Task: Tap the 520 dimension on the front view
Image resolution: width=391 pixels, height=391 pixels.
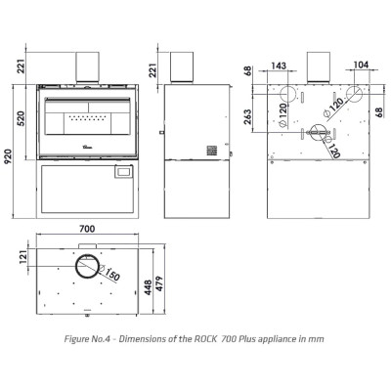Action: click(x=21, y=118)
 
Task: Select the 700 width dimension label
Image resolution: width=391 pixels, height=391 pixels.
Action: click(x=87, y=229)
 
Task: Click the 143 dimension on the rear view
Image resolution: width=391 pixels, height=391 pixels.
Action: click(x=279, y=65)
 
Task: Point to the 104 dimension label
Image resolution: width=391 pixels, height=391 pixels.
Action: click(x=361, y=65)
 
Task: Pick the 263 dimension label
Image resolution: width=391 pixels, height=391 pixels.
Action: click(x=247, y=116)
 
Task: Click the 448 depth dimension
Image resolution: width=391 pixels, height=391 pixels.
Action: click(x=149, y=287)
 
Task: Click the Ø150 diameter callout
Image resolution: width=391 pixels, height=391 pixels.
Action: click(x=109, y=273)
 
